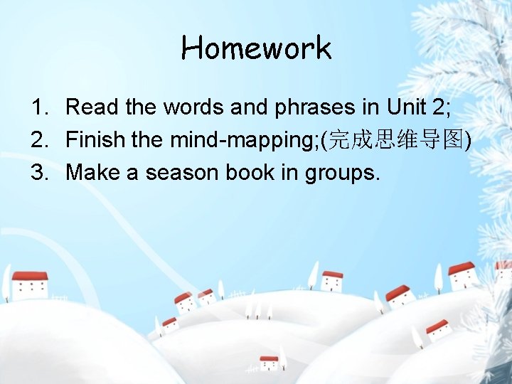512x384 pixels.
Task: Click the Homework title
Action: tap(256, 48)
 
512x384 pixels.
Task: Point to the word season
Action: tap(180, 173)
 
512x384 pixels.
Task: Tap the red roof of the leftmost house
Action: tap(30, 276)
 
